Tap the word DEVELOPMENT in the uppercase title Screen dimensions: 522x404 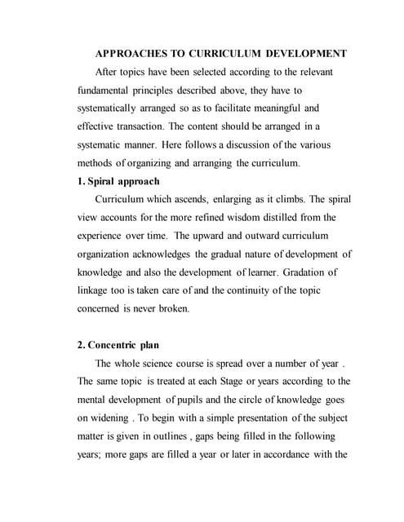pyautogui.click(x=305, y=53)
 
